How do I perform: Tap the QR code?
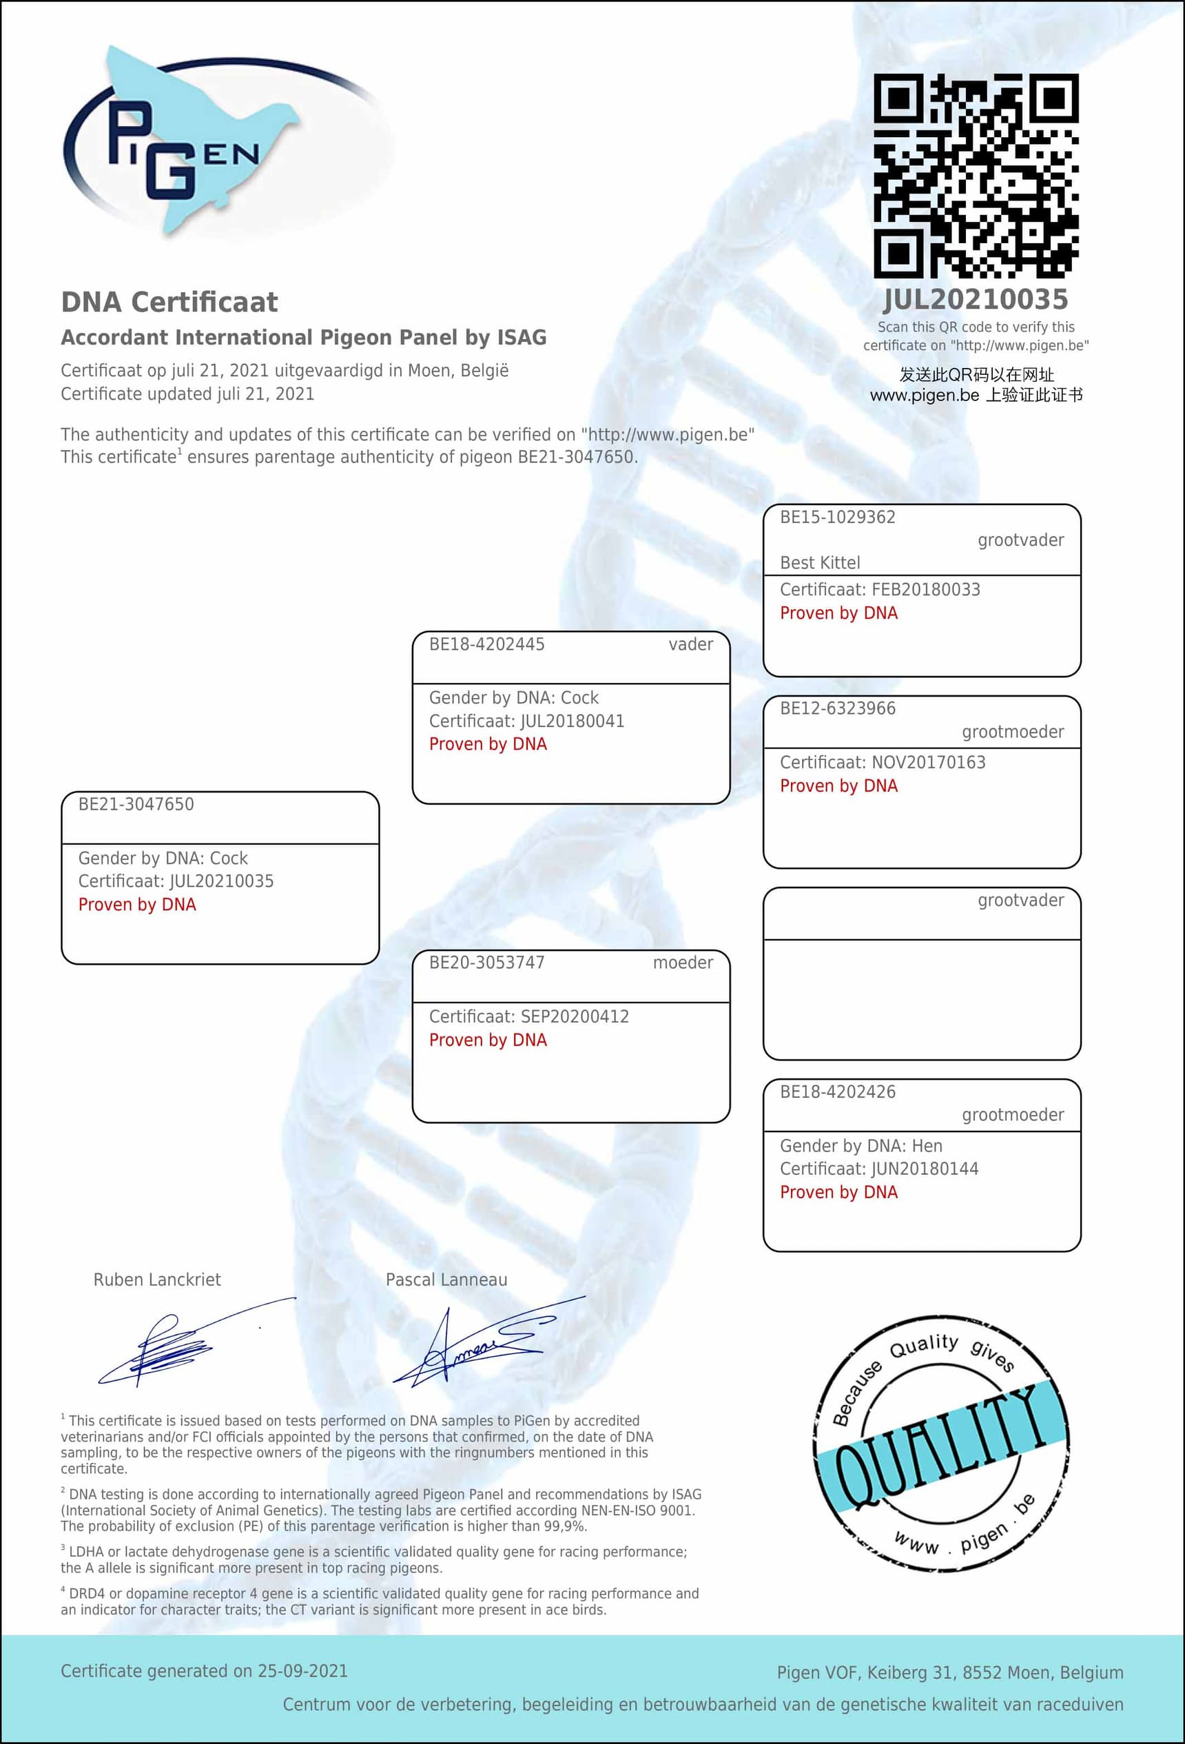976,176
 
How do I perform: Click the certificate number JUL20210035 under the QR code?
976,300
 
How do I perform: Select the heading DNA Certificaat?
169,302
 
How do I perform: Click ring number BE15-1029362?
838,517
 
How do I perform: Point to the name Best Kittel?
820,563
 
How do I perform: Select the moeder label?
682,963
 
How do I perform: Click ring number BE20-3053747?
486,963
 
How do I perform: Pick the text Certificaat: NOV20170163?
882,762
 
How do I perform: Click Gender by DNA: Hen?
861,1146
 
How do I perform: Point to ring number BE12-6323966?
838,708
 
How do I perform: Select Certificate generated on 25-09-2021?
204,1671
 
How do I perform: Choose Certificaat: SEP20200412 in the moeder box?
528,1017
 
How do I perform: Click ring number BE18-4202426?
838,1092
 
